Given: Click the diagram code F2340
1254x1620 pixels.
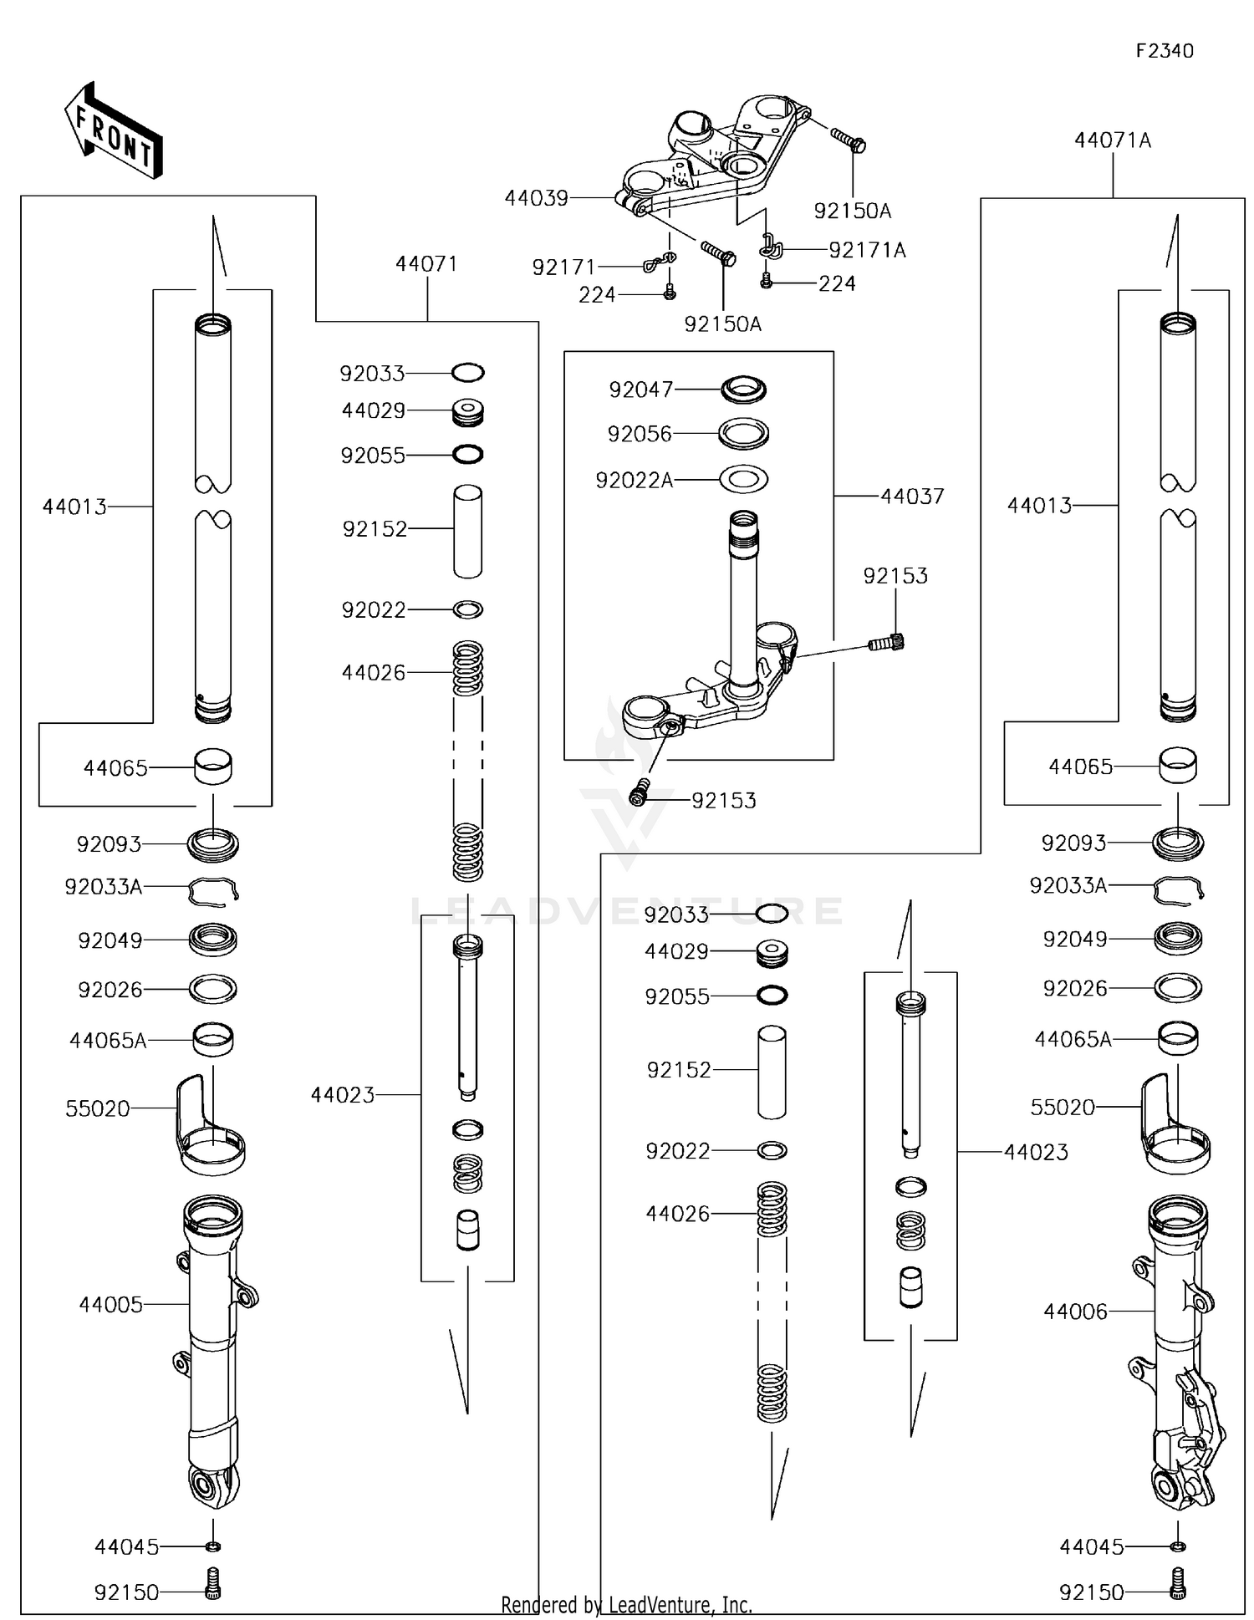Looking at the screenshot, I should click(1164, 51).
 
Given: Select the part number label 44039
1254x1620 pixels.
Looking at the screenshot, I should click(536, 198).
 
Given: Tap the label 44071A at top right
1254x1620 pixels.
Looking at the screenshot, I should click(1112, 140).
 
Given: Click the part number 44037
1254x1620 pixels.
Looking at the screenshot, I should click(912, 497).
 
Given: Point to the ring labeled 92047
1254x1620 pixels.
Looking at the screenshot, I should click(743, 390).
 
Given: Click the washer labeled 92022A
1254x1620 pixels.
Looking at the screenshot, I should click(743, 480).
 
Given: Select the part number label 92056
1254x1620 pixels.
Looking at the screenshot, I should click(640, 434).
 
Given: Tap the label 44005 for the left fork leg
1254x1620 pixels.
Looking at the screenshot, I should click(110, 1304).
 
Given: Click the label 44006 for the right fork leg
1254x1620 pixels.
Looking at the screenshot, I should click(1075, 1312).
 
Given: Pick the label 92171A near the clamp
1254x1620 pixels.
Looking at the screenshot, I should click(867, 250).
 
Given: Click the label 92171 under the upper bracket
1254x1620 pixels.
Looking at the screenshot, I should click(564, 267).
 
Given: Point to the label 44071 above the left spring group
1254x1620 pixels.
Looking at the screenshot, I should click(426, 264).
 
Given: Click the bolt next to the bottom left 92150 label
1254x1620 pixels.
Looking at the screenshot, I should click(213, 1592).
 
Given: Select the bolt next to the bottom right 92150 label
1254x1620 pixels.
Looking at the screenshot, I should click(1178, 1592).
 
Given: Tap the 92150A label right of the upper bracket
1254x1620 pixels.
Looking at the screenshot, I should click(852, 211).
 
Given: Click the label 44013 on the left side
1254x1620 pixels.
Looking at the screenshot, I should click(74, 507).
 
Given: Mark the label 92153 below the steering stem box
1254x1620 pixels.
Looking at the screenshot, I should click(723, 800).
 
